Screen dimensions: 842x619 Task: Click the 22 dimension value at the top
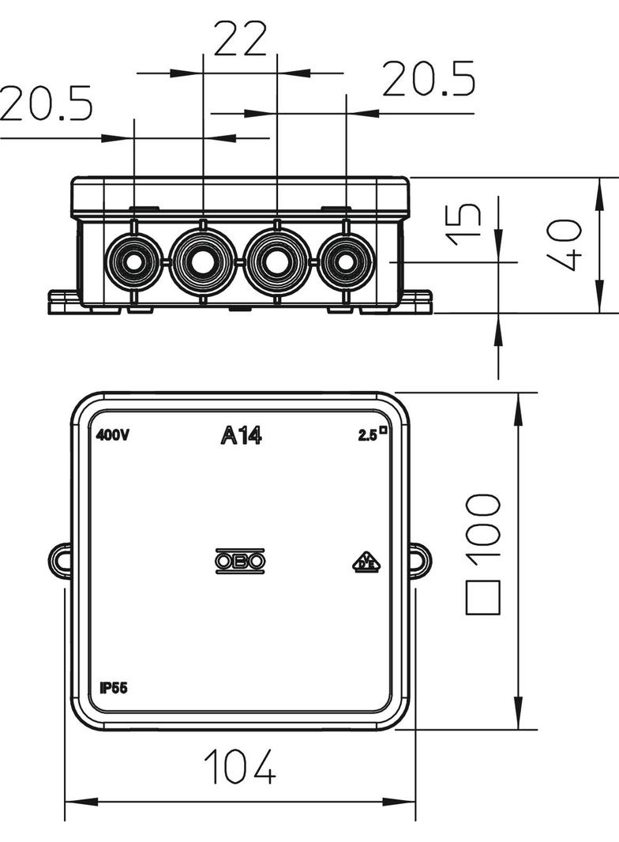pyautogui.click(x=241, y=39)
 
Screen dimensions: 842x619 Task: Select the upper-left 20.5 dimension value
pyautogui.click(x=46, y=103)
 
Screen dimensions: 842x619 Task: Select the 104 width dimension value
pyautogui.click(x=240, y=765)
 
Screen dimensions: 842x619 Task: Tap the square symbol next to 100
pyautogui.click(x=483, y=598)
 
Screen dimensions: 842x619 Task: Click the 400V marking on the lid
pyautogui.click(x=113, y=435)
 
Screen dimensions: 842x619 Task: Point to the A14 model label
pyautogui.click(x=241, y=435)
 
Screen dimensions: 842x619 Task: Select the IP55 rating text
pyautogui.click(x=114, y=686)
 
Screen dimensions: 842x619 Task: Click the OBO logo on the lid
pyautogui.click(x=241, y=561)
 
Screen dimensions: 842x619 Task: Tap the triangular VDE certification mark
pyautogui.click(x=366, y=562)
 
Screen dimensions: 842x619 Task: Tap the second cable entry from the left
pyautogui.click(x=203, y=261)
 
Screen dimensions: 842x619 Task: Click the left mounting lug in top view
pyautogui.click(x=60, y=558)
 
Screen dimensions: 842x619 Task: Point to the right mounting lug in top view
pyautogui.click(x=420, y=558)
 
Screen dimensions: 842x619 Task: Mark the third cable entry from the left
pyautogui.click(x=276, y=261)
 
